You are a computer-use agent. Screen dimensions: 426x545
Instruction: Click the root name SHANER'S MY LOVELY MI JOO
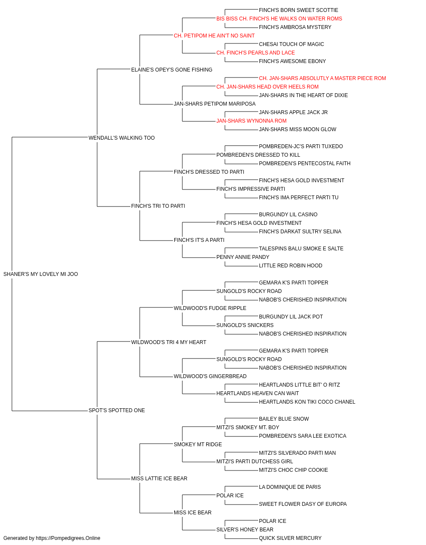(40, 274)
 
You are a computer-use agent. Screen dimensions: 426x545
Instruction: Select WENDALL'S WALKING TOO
(121, 138)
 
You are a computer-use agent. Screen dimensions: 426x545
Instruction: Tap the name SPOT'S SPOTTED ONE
(117, 410)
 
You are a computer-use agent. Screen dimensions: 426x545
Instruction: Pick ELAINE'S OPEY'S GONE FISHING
(172, 70)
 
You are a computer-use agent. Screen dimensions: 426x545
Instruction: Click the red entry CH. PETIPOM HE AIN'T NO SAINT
(214, 36)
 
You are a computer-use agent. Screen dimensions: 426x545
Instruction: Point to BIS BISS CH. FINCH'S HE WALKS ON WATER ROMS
(279, 19)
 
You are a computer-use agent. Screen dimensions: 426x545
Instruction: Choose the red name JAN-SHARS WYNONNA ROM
(251, 121)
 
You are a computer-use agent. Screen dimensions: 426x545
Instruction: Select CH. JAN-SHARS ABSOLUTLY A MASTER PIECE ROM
(322, 78)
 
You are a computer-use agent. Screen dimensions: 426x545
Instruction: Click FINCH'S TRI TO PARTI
(158, 206)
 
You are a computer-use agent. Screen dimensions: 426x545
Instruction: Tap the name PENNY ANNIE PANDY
(242, 257)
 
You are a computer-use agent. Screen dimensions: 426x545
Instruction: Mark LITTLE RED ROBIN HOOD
(290, 266)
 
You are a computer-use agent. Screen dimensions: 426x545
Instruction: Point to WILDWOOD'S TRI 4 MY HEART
(169, 342)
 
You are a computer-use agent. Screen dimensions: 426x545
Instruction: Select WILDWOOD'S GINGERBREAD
(210, 376)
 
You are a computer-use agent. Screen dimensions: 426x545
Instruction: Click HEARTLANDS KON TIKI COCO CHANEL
(307, 402)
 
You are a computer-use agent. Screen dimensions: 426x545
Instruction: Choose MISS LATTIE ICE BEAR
(159, 479)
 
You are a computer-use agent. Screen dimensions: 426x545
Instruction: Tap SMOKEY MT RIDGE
(198, 445)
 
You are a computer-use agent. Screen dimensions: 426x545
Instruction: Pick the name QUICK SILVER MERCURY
(290, 538)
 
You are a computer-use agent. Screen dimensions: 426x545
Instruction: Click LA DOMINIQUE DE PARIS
(290, 487)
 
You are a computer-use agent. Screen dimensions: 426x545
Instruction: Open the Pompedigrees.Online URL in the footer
(68, 538)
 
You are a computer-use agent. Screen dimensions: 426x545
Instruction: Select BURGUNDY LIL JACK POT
(291, 317)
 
